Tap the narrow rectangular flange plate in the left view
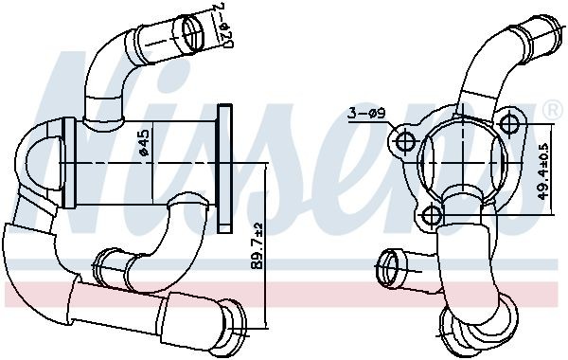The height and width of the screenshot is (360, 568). pos(224,167)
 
